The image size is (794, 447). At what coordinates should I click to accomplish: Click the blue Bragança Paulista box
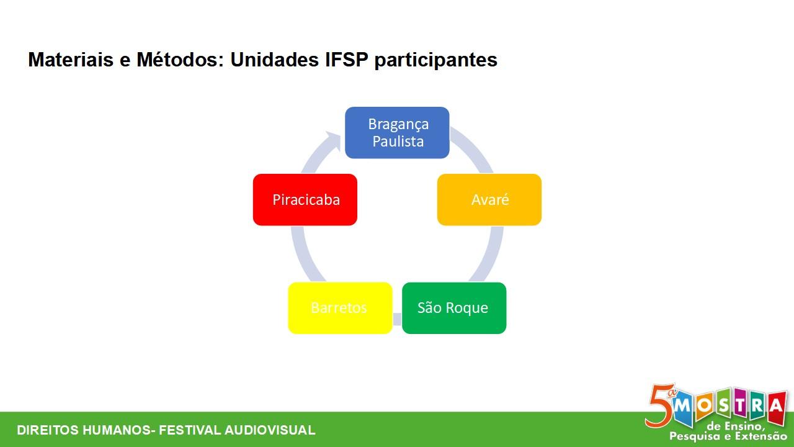coord(397,132)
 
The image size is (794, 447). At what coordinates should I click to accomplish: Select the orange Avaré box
coord(489,199)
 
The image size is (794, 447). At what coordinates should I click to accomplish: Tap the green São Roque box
coord(453,308)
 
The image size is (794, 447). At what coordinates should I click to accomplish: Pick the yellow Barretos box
coord(340,308)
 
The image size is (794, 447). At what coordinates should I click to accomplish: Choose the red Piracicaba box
coord(305,199)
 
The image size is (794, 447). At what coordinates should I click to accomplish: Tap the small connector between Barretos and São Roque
coord(397,319)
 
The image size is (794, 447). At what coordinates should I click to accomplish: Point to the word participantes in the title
coord(436,60)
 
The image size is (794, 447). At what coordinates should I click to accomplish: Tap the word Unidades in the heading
coord(274,60)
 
